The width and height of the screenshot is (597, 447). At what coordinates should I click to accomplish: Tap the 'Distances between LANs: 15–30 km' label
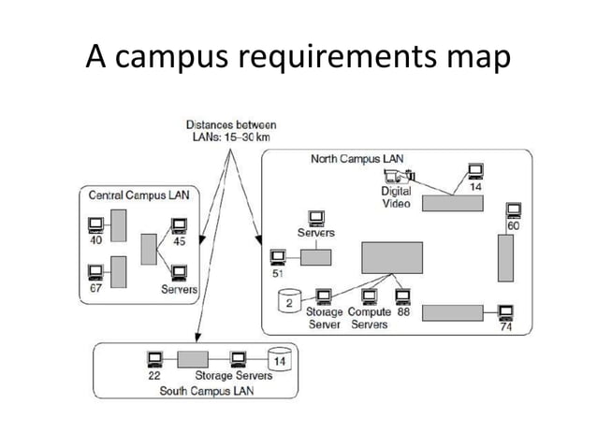[x=230, y=131]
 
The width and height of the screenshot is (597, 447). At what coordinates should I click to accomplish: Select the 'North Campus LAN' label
[x=357, y=159]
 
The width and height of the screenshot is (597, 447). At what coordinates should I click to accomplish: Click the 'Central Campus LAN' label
[x=131, y=195]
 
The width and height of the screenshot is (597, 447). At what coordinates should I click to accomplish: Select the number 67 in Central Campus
[x=95, y=289]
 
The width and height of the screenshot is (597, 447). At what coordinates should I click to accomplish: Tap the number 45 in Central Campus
[x=180, y=242]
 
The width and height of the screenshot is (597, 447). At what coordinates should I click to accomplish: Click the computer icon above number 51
[x=278, y=256]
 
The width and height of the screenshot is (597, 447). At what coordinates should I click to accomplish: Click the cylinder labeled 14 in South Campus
[x=278, y=359]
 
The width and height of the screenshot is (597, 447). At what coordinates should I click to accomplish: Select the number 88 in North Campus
[x=403, y=312]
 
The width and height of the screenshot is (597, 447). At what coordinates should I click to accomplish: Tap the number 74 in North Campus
[x=505, y=327]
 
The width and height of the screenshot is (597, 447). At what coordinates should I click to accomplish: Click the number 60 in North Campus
[x=514, y=227]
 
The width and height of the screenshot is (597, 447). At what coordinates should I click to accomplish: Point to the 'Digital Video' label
[x=396, y=197]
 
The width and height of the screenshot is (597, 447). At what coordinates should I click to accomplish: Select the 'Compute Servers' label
[x=369, y=318]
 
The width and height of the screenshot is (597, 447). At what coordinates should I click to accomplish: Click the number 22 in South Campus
[x=155, y=376]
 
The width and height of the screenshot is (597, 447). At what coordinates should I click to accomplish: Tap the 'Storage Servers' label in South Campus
[x=233, y=376]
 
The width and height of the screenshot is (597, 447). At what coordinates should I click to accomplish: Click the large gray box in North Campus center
[x=392, y=258]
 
